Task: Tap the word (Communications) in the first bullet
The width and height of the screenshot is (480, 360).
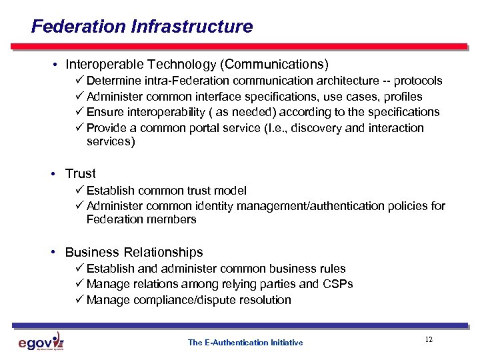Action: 275,65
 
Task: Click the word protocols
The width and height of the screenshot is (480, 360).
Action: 418,81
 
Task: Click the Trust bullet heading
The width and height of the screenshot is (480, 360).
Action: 81,173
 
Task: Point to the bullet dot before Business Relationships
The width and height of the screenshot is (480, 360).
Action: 52,253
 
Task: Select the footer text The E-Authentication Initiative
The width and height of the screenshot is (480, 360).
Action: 245,343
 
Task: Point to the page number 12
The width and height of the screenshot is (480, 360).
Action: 429,340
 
